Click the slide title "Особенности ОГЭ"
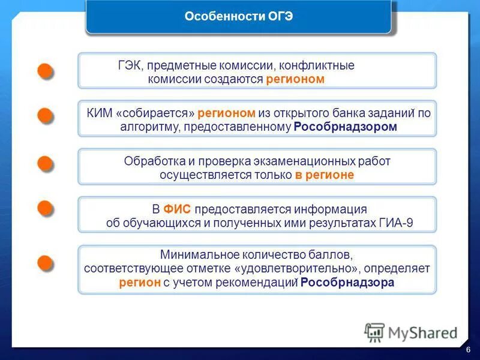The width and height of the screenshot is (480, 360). tap(238, 17)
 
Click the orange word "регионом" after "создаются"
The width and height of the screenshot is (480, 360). tap(295, 79)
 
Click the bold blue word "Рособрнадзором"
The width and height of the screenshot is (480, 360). tap(346, 127)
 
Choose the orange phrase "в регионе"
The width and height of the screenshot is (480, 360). tap(324, 175)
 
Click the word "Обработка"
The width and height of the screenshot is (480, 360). tap(152, 161)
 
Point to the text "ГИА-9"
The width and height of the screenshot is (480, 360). tap(396, 223)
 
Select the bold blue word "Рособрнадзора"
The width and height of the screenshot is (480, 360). tap(347, 283)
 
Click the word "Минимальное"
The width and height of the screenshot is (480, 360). tap(195, 254)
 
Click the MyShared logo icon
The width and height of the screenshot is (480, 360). tap(374, 332)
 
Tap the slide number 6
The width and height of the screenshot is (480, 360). tap(467, 350)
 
